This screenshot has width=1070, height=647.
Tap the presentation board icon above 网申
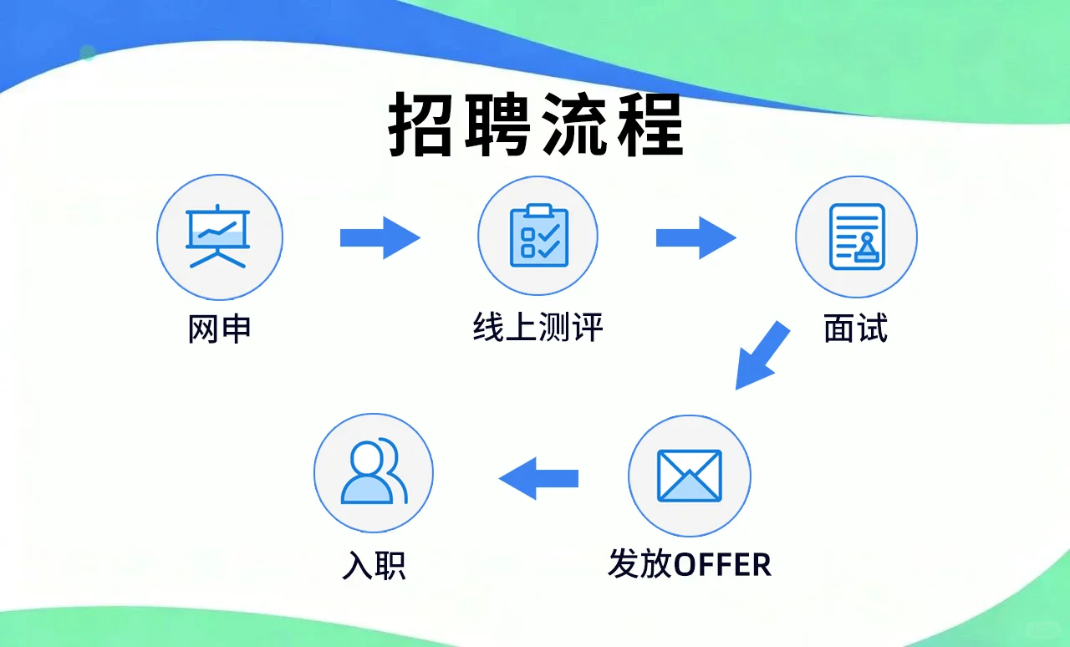(x=219, y=237)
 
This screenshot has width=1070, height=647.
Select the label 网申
(x=219, y=329)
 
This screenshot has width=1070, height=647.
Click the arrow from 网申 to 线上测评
(x=379, y=237)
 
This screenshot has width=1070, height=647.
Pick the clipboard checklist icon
(x=538, y=236)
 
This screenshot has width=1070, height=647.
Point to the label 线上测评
(x=538, y=328)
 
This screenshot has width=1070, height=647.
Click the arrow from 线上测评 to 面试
(x=695, y=237)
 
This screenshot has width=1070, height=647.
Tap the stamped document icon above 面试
(x=856, y=237)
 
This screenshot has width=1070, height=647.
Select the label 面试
(x=855, y=329)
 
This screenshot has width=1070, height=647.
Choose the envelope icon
(x=689, y=476)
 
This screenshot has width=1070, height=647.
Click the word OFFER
(x=722, y=565)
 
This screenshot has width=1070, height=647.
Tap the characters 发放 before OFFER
(x=640, y=565)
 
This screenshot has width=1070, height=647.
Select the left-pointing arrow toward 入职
(x=538, y=478)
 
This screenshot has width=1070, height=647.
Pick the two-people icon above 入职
(x=373, y=471)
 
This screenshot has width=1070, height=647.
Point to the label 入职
(x=374, y=565)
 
